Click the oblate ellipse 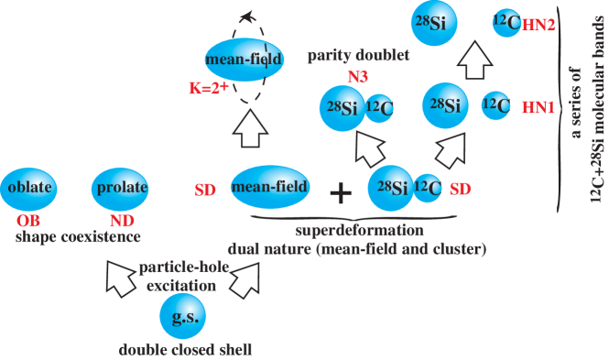(30, 190)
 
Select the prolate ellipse (122, 190)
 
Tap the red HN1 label (538, 107)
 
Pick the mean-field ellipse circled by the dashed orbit (243, 60)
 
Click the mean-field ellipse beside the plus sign (270, 188)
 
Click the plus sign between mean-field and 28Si (340, 192)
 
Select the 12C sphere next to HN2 (506, 25)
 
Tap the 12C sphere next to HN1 (495, 105)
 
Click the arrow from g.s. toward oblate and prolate (123, 278)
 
